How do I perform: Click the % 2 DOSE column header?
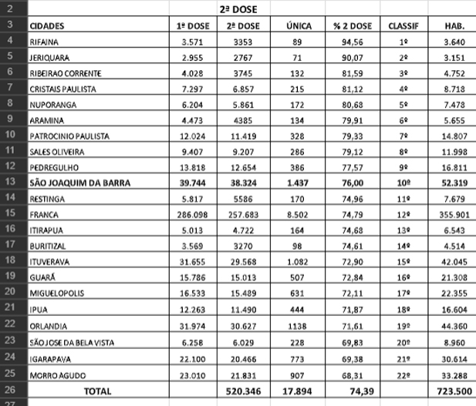click(352, 25)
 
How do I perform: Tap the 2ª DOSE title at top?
click(243, 9)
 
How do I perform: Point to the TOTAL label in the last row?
click(96, 391)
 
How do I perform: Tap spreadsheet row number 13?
click(13, 183)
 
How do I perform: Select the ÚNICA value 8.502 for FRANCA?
click(298, 214)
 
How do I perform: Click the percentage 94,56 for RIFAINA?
click(352, 42)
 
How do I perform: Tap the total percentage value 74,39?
click(352, 391)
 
